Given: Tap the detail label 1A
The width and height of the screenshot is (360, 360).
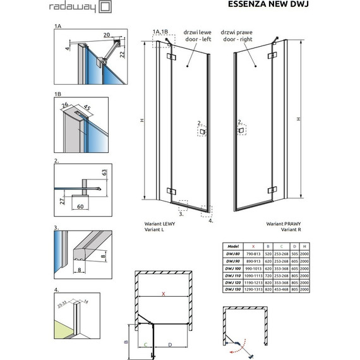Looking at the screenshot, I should [57, 28].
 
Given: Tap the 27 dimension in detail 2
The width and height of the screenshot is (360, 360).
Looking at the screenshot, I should [61, 201].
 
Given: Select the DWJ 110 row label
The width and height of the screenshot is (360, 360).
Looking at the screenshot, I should [232, 275].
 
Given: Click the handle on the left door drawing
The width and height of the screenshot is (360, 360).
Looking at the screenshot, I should [201, 133].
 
